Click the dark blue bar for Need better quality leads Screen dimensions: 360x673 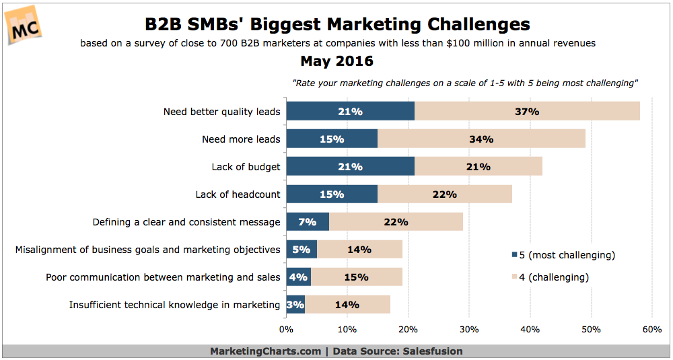click(350, 111)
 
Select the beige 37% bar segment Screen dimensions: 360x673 click(527, 111)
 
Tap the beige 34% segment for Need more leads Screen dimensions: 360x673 click(481, 139)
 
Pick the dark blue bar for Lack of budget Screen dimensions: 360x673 click(350, 167)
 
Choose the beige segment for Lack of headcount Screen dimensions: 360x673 click(444, 194)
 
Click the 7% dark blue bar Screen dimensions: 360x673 click(308, 222)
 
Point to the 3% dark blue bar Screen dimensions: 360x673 click(295, 305)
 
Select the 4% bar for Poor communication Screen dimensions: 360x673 click(298, 277)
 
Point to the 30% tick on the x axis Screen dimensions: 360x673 click(469, 330)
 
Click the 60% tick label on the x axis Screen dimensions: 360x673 click(652, 330)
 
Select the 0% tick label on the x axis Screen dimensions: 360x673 click(287, 330)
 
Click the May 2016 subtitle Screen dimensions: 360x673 click(336, 62)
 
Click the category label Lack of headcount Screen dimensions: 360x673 click(238, 194)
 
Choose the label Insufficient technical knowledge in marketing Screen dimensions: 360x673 click(174, 305)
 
